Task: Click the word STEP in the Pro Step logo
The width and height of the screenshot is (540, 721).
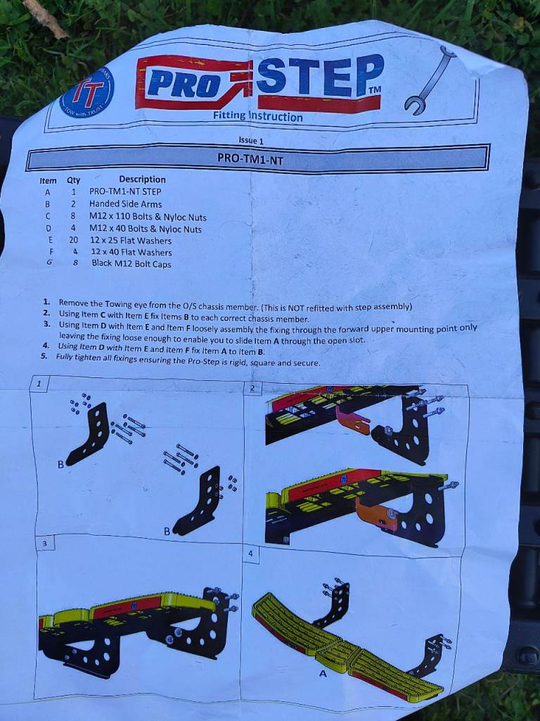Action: tap(320, 76)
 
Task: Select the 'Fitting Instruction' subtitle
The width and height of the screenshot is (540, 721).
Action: tap(257, 116)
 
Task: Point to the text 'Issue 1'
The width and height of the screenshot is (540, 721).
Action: tap(251, 140)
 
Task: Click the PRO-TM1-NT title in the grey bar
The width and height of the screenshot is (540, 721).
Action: tap(250, 158)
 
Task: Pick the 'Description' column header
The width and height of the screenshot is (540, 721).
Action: tap(142, 180)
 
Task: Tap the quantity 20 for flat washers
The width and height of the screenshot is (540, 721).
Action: tap(73, 240)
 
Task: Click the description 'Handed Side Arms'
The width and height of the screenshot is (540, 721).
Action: tap(125, 203)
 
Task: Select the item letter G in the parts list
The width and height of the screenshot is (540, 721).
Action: tap(49, 263)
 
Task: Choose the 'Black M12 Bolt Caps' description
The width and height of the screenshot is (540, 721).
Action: tap(131, 264)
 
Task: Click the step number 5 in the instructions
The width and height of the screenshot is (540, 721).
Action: tap(44, 356)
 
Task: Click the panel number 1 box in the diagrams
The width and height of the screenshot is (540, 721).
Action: tap(39, 384)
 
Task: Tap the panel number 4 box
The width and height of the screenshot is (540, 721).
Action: tap(251, 554)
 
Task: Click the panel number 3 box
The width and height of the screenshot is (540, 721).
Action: tap(44, 544)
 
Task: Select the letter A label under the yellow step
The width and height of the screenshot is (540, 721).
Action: tap(323, 674)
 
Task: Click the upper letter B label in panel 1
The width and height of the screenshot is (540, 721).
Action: tap(60, 465)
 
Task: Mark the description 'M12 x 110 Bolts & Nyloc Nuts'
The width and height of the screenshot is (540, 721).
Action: tap(148, 217)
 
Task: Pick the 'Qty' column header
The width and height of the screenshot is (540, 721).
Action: tap(73, 181)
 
